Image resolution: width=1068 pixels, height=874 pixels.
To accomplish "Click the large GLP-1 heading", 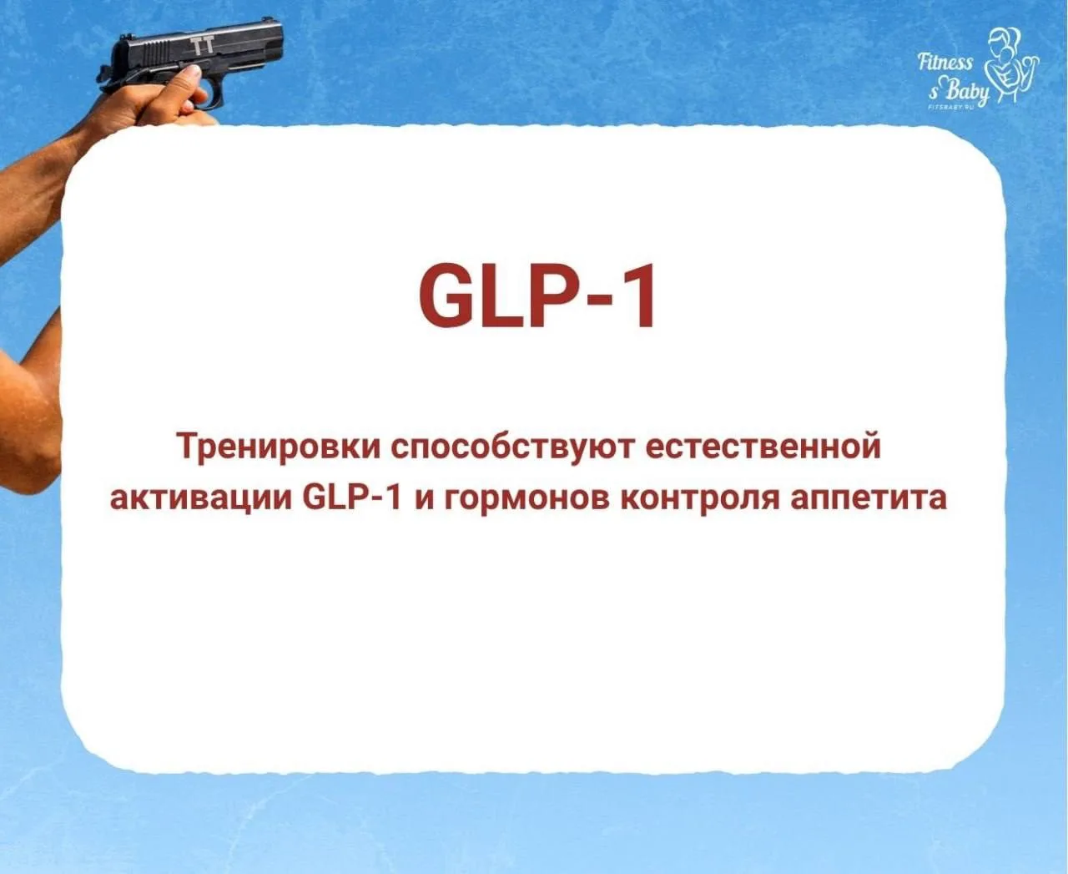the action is pyautogui.click(x=537, y=296).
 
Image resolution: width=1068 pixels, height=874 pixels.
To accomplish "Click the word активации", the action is pyautogui.click(x=200, y=498).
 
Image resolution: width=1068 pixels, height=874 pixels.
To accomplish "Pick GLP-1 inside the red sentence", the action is pyautogui.click(x=352, y=498).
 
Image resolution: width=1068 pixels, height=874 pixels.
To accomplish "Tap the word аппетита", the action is pyautogui.click(x=868, y=499).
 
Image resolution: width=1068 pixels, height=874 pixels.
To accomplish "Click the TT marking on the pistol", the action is pyautogui.click(x=203, y=44).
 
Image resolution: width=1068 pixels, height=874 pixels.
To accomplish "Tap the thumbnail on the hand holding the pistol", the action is pyautogui.click(x=191, y=71).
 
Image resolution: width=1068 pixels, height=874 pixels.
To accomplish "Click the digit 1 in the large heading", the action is pyautogui.click(x=640, y=296).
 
